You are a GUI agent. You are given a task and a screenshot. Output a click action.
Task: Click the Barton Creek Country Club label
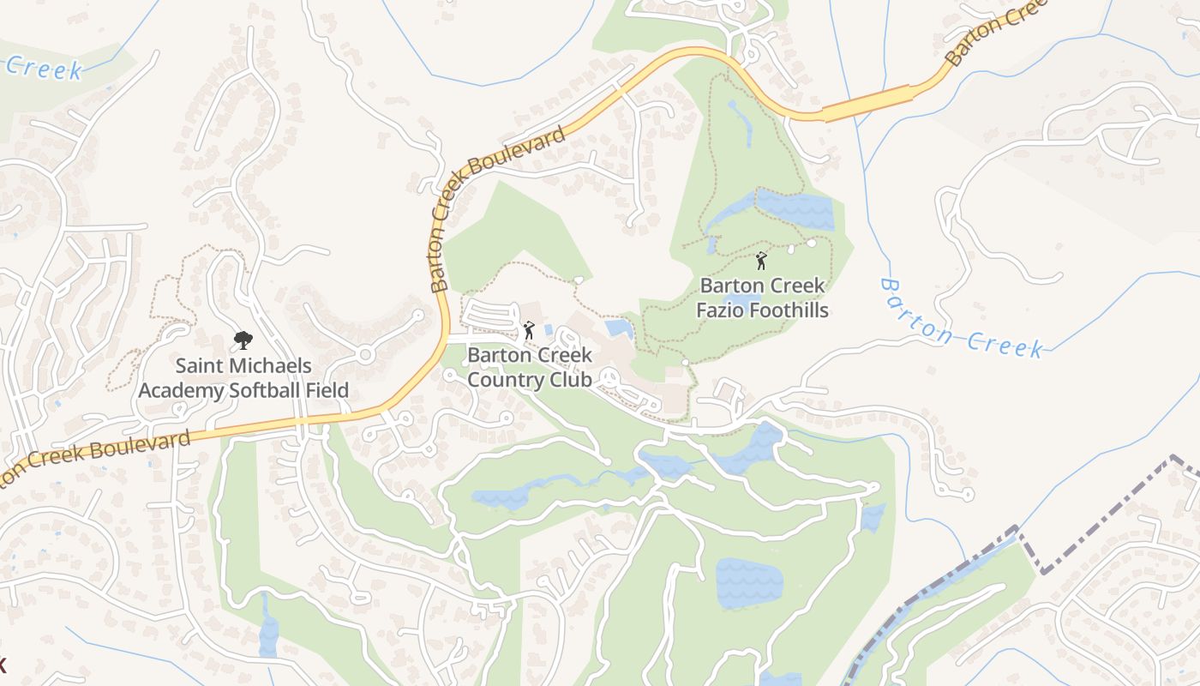(x=530, y=367)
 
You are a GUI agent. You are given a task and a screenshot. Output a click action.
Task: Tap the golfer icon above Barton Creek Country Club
(x=529, y=330)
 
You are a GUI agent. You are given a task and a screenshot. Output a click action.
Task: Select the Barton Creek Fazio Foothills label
(x=762, y=298)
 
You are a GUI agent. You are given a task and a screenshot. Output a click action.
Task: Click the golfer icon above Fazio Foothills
(x=760, y=260)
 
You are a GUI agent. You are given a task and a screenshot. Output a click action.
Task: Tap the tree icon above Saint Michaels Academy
(x=243, y=340)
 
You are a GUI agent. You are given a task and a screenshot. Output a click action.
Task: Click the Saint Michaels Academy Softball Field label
(x=243, y=378)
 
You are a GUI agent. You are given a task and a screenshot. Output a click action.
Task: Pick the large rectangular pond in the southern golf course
(x=749, y=582)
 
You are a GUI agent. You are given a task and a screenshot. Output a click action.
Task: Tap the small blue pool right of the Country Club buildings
(x=618, y=328)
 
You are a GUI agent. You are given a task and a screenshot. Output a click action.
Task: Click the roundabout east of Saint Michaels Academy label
(x=366, y=353)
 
